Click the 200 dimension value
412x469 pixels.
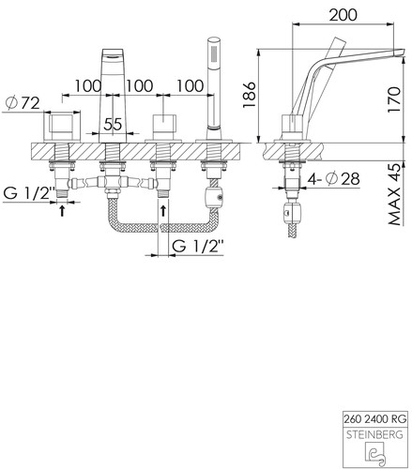(343, 15)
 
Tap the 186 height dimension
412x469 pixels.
(250, 95)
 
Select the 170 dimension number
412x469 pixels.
(394, 99)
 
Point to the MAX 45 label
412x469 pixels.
(395, 194)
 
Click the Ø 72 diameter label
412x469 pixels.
(23, 103)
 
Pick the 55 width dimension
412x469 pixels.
(113, 124)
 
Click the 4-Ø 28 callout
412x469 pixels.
(334, 179)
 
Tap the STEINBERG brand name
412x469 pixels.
(374, 434)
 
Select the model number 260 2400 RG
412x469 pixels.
(375, 418)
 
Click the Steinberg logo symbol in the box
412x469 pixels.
(375, 452)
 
